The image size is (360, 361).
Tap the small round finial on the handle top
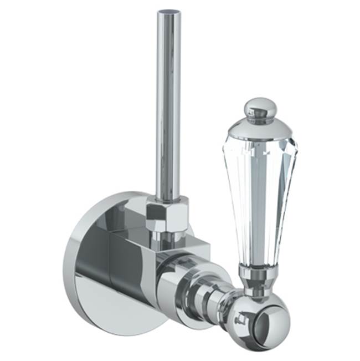260,106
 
